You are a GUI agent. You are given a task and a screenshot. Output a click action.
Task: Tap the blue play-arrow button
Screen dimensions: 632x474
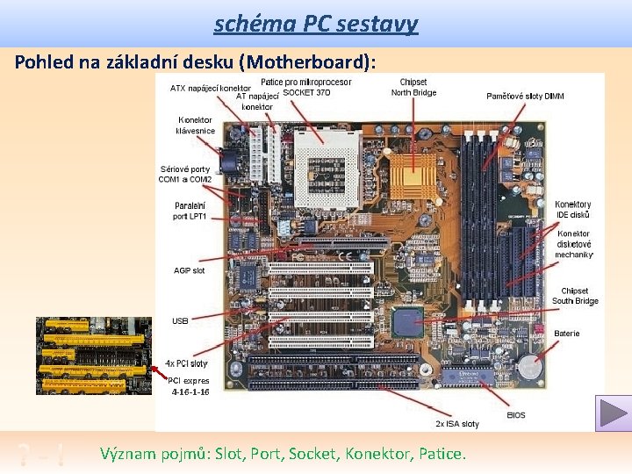coord(613,413)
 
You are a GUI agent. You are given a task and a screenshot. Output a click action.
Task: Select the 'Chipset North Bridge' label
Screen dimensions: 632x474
coord(413,88)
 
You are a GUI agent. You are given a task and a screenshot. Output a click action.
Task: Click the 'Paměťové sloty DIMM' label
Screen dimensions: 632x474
coord(526,96)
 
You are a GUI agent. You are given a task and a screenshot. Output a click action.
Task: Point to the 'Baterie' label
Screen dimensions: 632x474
coord(567,334)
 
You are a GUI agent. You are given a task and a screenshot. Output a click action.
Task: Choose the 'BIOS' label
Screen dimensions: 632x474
coord(516,414)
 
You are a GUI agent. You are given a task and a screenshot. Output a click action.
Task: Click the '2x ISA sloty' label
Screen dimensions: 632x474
coord(457,424)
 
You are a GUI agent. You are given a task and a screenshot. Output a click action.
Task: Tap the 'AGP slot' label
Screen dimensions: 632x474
coord(189,270)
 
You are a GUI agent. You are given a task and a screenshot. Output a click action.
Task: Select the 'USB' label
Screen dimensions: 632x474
coord(180,321)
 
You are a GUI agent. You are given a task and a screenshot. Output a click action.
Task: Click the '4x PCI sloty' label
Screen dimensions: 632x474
coord(186,363)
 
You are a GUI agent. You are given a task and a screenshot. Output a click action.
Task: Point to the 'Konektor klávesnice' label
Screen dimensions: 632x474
coord(196,126)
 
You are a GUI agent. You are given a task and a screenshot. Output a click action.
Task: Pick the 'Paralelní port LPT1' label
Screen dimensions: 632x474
coord(190,211)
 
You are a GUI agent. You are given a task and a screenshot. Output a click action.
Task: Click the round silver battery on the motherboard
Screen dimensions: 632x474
coord(528,365)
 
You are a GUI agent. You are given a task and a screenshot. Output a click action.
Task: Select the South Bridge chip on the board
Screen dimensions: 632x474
coord(408,322)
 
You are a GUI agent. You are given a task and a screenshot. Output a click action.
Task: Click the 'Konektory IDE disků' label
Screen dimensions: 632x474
coord(573,210)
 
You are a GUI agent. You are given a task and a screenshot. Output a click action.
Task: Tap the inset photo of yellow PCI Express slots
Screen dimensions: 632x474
coord(94,355)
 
